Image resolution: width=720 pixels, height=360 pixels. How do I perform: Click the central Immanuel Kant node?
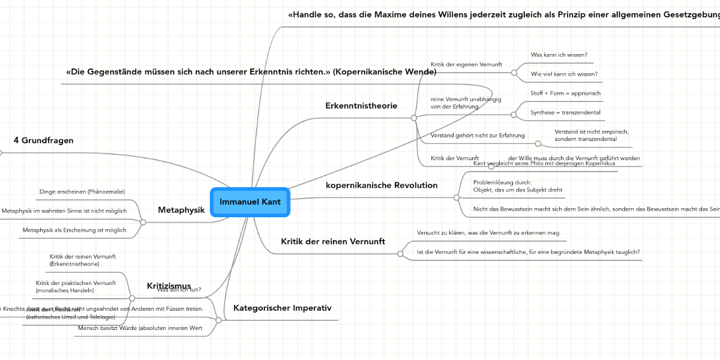click(x=250, y=202)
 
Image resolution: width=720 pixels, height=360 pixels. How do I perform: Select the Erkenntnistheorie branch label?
click(x=361, y=106)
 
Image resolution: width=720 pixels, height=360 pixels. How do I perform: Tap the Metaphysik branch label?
click(x=181, y=210)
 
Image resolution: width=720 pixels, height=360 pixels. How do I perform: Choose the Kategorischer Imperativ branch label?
click(x=282, y=308)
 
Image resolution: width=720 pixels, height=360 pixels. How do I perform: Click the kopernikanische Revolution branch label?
click(x=382, y=185)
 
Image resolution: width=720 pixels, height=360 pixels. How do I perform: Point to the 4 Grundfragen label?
click(x=43, y=140)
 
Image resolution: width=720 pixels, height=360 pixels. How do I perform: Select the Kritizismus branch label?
click(x=169, y=286)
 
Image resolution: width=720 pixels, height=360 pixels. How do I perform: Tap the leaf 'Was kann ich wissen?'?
click(x=559, y=55)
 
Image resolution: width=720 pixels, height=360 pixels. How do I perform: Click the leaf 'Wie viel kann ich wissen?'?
click(x=564, y=74)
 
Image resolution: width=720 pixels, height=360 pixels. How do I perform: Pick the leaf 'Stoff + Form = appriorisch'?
click(x=565, y=93)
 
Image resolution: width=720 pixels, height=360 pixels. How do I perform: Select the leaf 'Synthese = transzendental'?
click(x=565, y=112)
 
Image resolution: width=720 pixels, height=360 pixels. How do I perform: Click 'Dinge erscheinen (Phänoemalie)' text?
click(x=82, y=191)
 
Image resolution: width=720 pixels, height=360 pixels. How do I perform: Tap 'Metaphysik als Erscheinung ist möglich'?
click(x=74, y=230)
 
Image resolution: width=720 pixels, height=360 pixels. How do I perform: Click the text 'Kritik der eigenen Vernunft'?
click(x=466, y=64)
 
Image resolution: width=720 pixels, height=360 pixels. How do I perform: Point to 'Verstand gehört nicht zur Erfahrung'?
click(x=478, y=136)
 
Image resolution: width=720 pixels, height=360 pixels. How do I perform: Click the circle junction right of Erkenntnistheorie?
click(x=414, y=118)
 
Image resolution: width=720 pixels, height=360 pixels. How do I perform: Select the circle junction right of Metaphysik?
click(x=143, y=222)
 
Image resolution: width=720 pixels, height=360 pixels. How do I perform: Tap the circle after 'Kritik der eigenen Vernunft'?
click(x=514, y=73)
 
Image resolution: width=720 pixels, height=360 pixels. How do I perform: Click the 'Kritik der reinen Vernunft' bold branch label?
click(x=333, y=241)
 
